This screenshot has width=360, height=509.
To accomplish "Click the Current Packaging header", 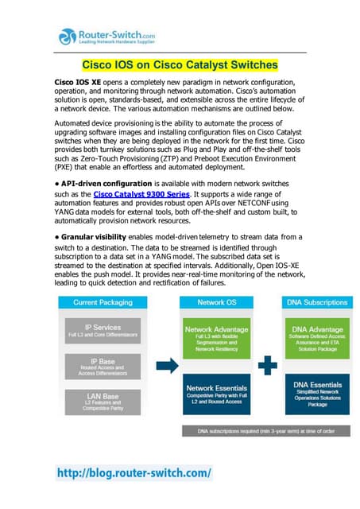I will coord(97,302).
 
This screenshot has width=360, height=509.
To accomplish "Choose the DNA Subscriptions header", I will coord(318,302).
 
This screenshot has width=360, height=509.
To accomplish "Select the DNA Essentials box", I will coord(318,394).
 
